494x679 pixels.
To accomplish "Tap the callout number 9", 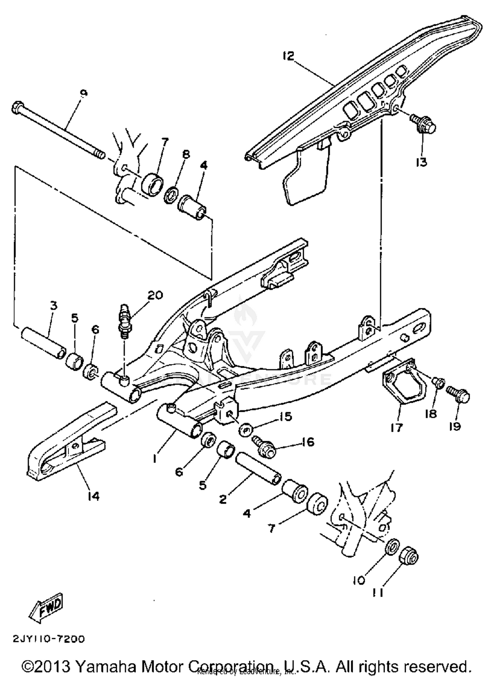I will click(84, 94).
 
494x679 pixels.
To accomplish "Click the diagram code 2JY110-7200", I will click(49, 639).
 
